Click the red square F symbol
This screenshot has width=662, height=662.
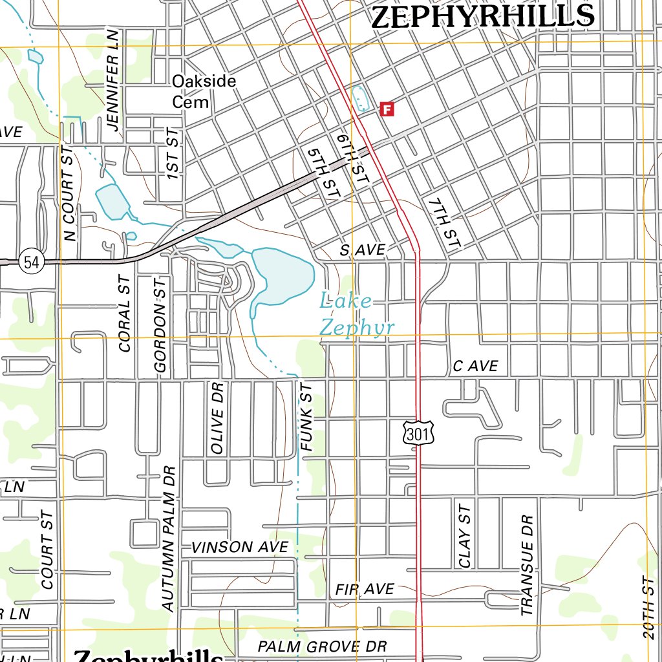387,109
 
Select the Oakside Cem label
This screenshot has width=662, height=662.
204,91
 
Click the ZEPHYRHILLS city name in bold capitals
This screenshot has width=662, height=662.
482,16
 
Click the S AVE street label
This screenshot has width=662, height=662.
363,250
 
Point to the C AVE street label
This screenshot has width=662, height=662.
475,367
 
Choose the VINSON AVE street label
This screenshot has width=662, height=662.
239,547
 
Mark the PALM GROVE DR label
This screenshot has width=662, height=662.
322,646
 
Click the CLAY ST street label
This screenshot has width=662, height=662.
465,536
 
